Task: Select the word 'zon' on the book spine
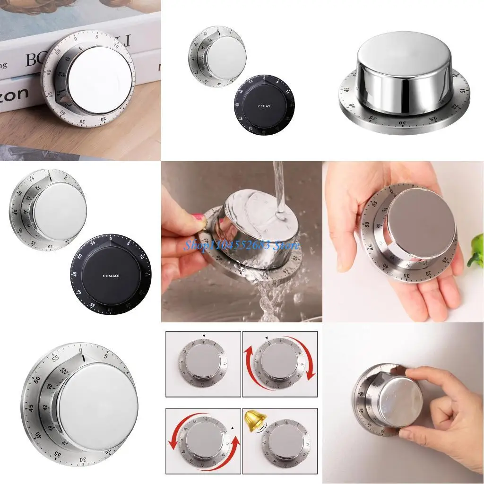coord(14,93)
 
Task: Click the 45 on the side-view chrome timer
coord(347,89)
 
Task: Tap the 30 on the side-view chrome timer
coord(403,122)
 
